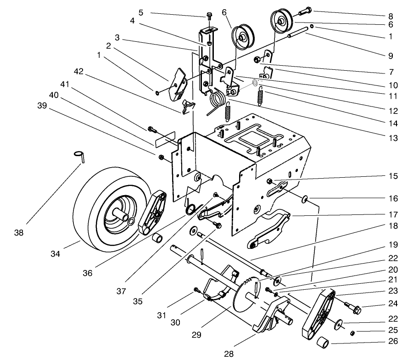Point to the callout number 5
(141, 12)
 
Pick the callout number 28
(228, 353)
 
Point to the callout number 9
(390, 56)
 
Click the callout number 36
(87, 272)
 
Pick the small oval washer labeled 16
(304, 200)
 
